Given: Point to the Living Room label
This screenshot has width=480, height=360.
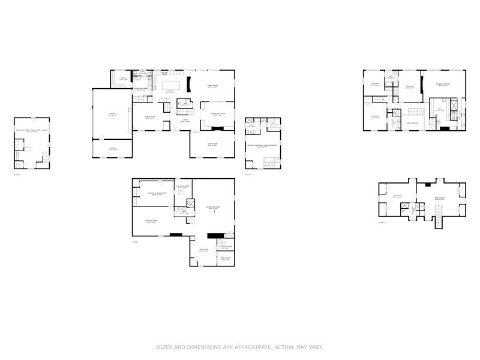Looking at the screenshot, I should [x=212, y=145].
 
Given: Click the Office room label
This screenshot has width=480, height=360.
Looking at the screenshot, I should [x=122, y=79].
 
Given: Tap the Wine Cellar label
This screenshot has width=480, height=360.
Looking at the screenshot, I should [x=225, y=259].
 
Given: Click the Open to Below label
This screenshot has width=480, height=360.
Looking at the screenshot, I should [x=412, y=122].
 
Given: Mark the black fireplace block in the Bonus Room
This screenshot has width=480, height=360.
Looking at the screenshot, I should [x=427, y=181].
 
